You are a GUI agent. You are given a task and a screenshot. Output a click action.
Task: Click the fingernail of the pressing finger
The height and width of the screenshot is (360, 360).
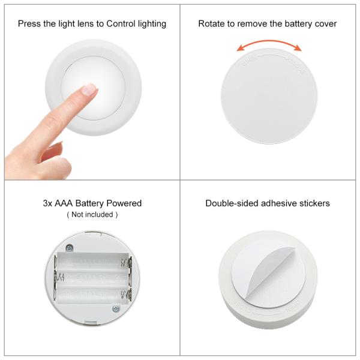point(89,89)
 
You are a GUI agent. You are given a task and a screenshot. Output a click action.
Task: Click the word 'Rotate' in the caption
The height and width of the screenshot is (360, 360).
point(211,24)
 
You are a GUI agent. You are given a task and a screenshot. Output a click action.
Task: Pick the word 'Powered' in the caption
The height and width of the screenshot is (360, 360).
point(126,203)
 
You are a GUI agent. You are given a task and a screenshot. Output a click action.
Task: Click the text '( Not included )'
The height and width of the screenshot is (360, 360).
point(92,214)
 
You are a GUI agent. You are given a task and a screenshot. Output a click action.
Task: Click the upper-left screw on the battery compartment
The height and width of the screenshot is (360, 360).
point(70,247)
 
